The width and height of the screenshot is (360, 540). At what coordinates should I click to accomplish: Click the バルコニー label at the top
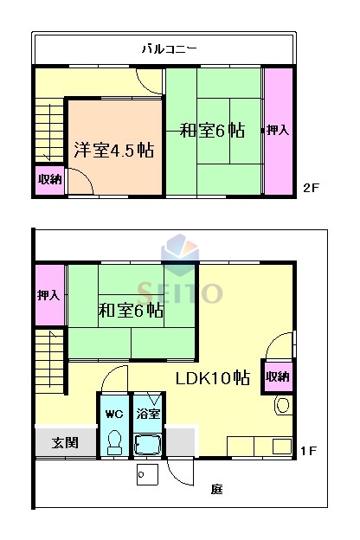(170, 49)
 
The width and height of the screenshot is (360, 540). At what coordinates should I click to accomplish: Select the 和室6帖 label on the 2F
(212, 132)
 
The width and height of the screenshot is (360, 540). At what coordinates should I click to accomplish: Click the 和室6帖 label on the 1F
(131, 310)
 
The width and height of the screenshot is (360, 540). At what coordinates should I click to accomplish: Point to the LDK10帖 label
(213, 378)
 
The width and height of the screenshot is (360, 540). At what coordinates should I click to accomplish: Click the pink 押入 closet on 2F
(278, 132)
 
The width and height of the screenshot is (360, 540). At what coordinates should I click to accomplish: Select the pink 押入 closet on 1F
(48, 295)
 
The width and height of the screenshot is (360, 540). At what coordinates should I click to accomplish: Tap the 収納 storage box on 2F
(49, 180)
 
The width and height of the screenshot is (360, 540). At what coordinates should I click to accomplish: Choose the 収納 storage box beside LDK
(277, 376)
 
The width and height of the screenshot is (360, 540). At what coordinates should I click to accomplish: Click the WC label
(113, 415)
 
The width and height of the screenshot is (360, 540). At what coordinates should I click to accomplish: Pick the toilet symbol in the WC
(113, 441)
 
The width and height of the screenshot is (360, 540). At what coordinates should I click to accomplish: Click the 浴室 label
(148, 415)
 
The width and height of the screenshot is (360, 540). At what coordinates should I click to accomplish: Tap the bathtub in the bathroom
(148, 446)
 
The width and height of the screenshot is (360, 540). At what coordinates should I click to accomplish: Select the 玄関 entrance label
(65, 442)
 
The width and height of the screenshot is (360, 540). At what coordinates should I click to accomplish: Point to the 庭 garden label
(215, 490)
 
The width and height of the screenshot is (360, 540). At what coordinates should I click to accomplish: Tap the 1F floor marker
(309, 450)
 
